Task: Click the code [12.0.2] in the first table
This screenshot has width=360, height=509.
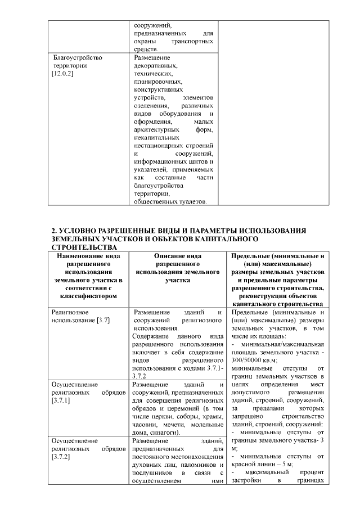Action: pos(63,74)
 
